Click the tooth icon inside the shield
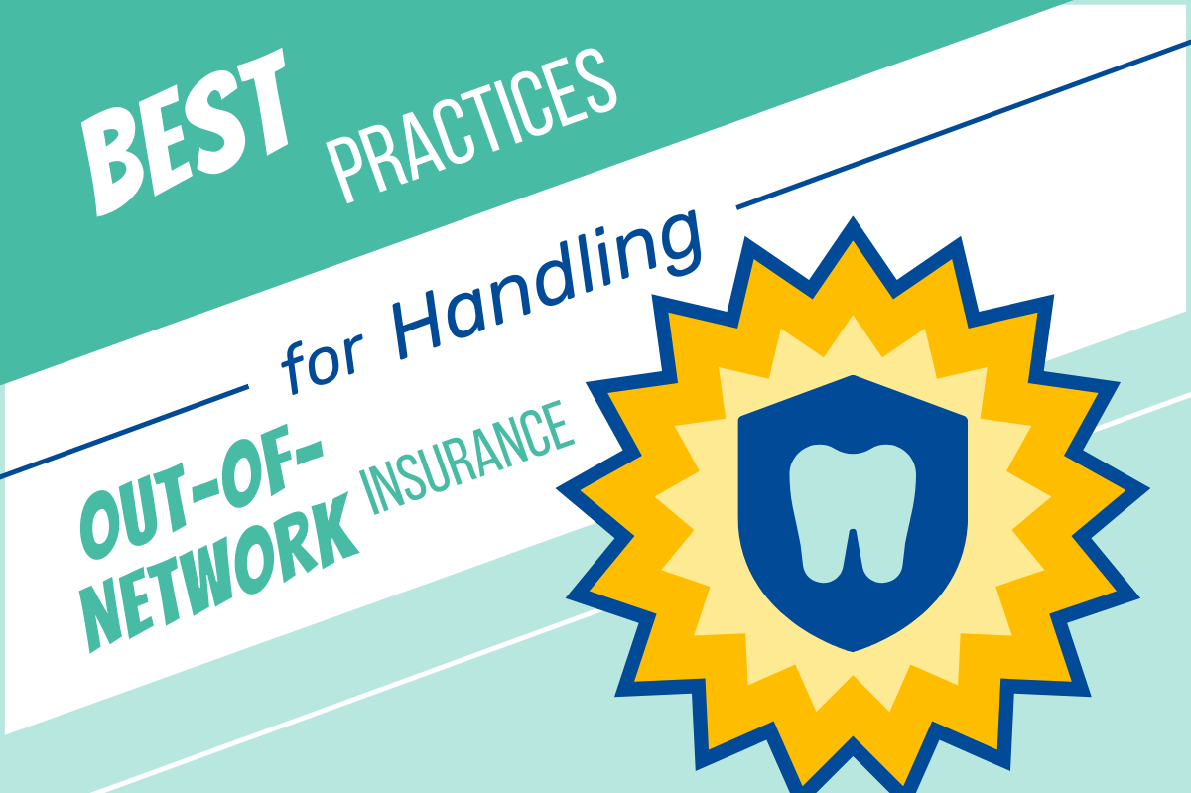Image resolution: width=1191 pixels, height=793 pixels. pyautogui.click(x=850, y=511)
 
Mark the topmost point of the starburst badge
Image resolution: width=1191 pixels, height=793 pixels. pyautogui.click(x=852, y=219)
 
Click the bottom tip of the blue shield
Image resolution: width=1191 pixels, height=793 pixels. pyautogui.click(x=851, y=650)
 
